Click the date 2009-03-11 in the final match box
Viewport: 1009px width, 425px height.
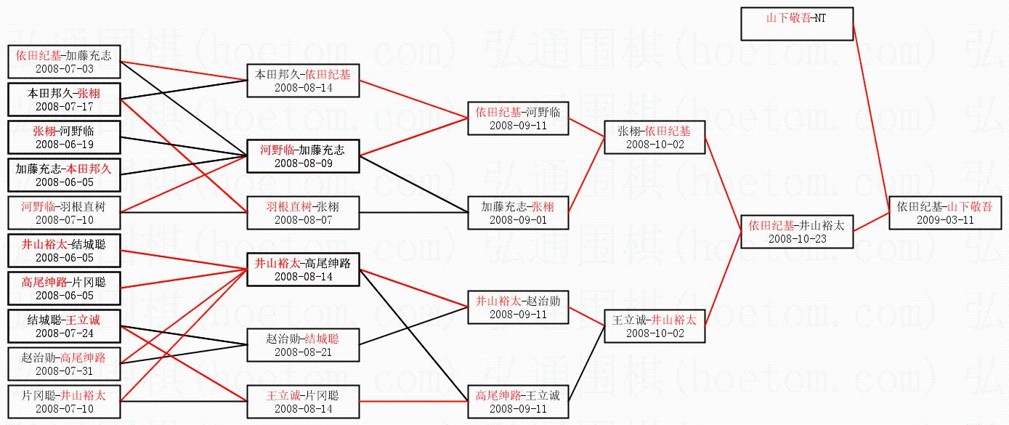pyautogui.click(x=944, y=220)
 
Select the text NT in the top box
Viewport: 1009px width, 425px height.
pyautogui.click(x=819, y=18)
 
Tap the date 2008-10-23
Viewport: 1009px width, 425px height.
pyautogui.click(x=796, y=238)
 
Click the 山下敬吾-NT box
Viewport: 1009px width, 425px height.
pyautogui.click(x=796, y=24)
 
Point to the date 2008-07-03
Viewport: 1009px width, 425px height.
pyautogui.click(x=64, y=69)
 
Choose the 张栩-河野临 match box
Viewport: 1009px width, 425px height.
pyautogui.click(x=64, y=138)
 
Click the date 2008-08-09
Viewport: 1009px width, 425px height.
pyautogui.click(x=303, y=163)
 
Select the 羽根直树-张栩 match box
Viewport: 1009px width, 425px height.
pyautogui.click(x=303, y=213)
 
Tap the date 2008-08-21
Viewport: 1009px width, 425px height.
pyautogui.click(x=303, y=352)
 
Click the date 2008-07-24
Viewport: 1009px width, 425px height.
pyautogui.click(x=64, y=333)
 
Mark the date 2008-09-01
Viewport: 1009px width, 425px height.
pyautogui.click(x=518, y=220)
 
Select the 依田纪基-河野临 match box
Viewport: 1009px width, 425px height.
pyautogui.click(x=518, y=118)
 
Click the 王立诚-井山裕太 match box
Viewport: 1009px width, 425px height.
pyautogui.click(x=654, y=326)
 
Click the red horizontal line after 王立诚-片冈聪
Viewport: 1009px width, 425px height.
pyautogui.click(x=414, y=401)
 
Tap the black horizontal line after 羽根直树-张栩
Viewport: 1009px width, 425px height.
pyautogui.click(x=414, y=213)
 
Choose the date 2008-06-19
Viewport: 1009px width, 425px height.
pyautogui.click(x=64, y=145)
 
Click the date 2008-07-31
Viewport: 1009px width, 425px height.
pyautogui.click(x=64, y=371)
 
